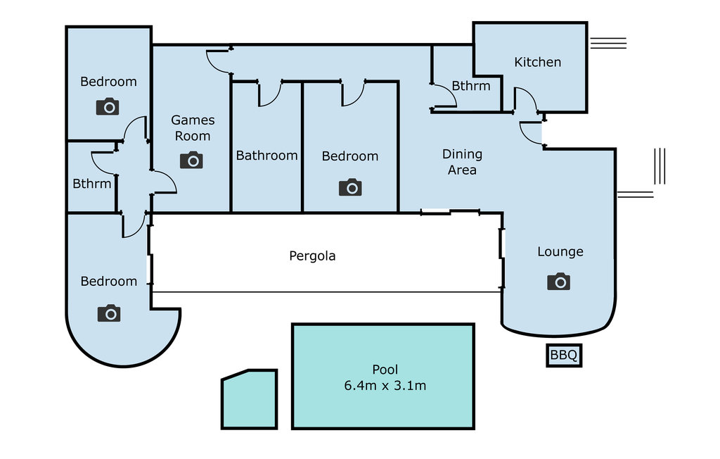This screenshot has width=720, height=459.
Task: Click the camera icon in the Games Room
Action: (191, 160)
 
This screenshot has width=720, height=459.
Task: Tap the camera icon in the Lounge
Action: (558, 282)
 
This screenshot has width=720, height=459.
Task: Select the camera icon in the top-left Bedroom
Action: (108, 106)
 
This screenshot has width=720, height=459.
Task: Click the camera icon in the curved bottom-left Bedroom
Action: (109, 313)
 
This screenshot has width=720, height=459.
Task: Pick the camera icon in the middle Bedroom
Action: (350, 187)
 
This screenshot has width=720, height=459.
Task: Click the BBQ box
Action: (564, 355)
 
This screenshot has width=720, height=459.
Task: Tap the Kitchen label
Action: (537, 62)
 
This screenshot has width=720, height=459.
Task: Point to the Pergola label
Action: (312, 256)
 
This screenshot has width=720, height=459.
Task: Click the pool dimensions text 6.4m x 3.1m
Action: (385, 385)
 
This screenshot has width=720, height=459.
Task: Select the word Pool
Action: (385, 370)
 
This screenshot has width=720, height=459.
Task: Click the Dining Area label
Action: (462, 162)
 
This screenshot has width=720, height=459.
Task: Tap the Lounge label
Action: (560, 251)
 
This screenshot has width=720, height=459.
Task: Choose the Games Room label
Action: (193, 128)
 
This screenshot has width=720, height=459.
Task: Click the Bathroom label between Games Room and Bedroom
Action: (266, 156)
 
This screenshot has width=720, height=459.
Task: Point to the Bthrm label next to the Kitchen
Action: (470, 86)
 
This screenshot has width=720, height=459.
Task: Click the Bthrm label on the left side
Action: (92, 184)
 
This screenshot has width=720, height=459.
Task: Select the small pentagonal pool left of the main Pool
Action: (250, 399)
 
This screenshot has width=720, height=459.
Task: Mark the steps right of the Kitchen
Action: (608, 43)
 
